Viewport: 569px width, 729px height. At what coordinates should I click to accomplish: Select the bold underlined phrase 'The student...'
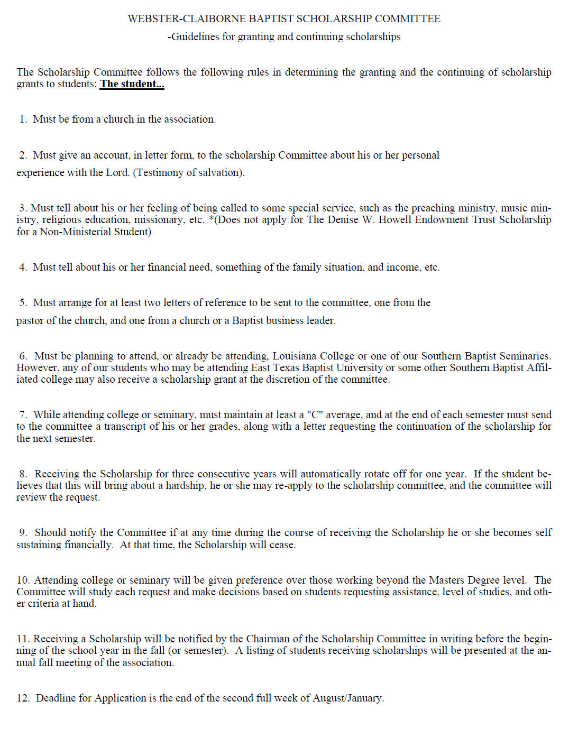(132, 84)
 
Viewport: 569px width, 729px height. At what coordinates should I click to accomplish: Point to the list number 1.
(23, 119)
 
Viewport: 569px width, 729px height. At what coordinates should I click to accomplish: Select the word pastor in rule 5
(31, 321)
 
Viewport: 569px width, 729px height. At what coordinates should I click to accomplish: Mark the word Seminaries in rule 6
(525, 356)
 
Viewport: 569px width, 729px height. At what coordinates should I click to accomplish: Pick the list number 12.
(23, 698)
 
